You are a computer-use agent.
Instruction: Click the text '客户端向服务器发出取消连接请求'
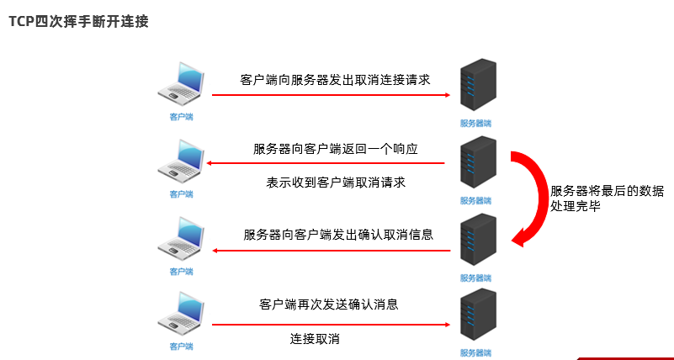335,80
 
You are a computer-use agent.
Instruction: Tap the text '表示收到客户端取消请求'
337,183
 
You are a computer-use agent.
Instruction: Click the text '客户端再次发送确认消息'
328,304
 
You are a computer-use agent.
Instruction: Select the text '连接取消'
315,338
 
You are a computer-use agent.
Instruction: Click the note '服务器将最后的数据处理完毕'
607,198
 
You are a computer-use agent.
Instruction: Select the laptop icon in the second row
181,161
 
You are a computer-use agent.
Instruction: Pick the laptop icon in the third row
181,239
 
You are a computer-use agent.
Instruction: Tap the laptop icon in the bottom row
181,313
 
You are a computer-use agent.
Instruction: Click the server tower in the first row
475,86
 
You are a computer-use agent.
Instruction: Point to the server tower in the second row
475,164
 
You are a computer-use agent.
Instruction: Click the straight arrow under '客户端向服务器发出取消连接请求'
332,96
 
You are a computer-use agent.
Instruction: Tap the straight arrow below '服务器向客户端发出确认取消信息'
332,251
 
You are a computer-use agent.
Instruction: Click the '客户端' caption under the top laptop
181,117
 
